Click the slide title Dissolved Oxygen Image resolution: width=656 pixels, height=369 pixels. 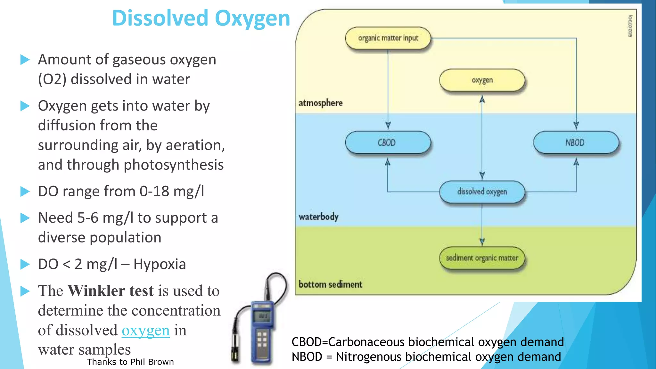[201, 18]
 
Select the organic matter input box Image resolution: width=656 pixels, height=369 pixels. [388, 38]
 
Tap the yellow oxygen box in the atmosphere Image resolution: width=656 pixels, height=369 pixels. [482, 80]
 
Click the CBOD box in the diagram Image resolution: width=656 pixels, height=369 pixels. [388, 143]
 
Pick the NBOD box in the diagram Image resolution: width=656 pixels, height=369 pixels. [576, 143]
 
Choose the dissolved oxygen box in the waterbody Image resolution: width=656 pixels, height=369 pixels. [482, 192]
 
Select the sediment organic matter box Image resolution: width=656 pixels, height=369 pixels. [482, 258]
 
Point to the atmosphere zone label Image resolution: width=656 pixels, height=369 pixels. [320, 103]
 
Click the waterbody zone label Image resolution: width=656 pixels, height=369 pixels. [318, 217]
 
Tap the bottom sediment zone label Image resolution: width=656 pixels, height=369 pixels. [330, 284]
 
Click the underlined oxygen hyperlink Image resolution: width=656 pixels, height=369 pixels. [145, 331]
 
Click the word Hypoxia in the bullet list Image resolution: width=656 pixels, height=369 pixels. [160, 264]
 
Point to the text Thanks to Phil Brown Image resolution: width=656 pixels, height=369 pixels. [130, 362]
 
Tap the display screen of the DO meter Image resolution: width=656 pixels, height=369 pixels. [263, 316]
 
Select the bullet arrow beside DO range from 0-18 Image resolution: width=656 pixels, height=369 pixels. [25, 192]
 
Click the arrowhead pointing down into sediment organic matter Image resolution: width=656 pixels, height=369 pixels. [482, 242]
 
